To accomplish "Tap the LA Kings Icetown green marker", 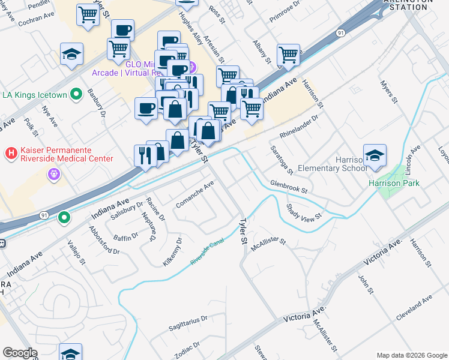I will tap(76, 94).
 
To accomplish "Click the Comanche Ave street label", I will tap(195, 195).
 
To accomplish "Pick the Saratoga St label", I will tap(280, 160).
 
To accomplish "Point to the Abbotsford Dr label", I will tap(104, 241).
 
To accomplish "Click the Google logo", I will tap(20, 353).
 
